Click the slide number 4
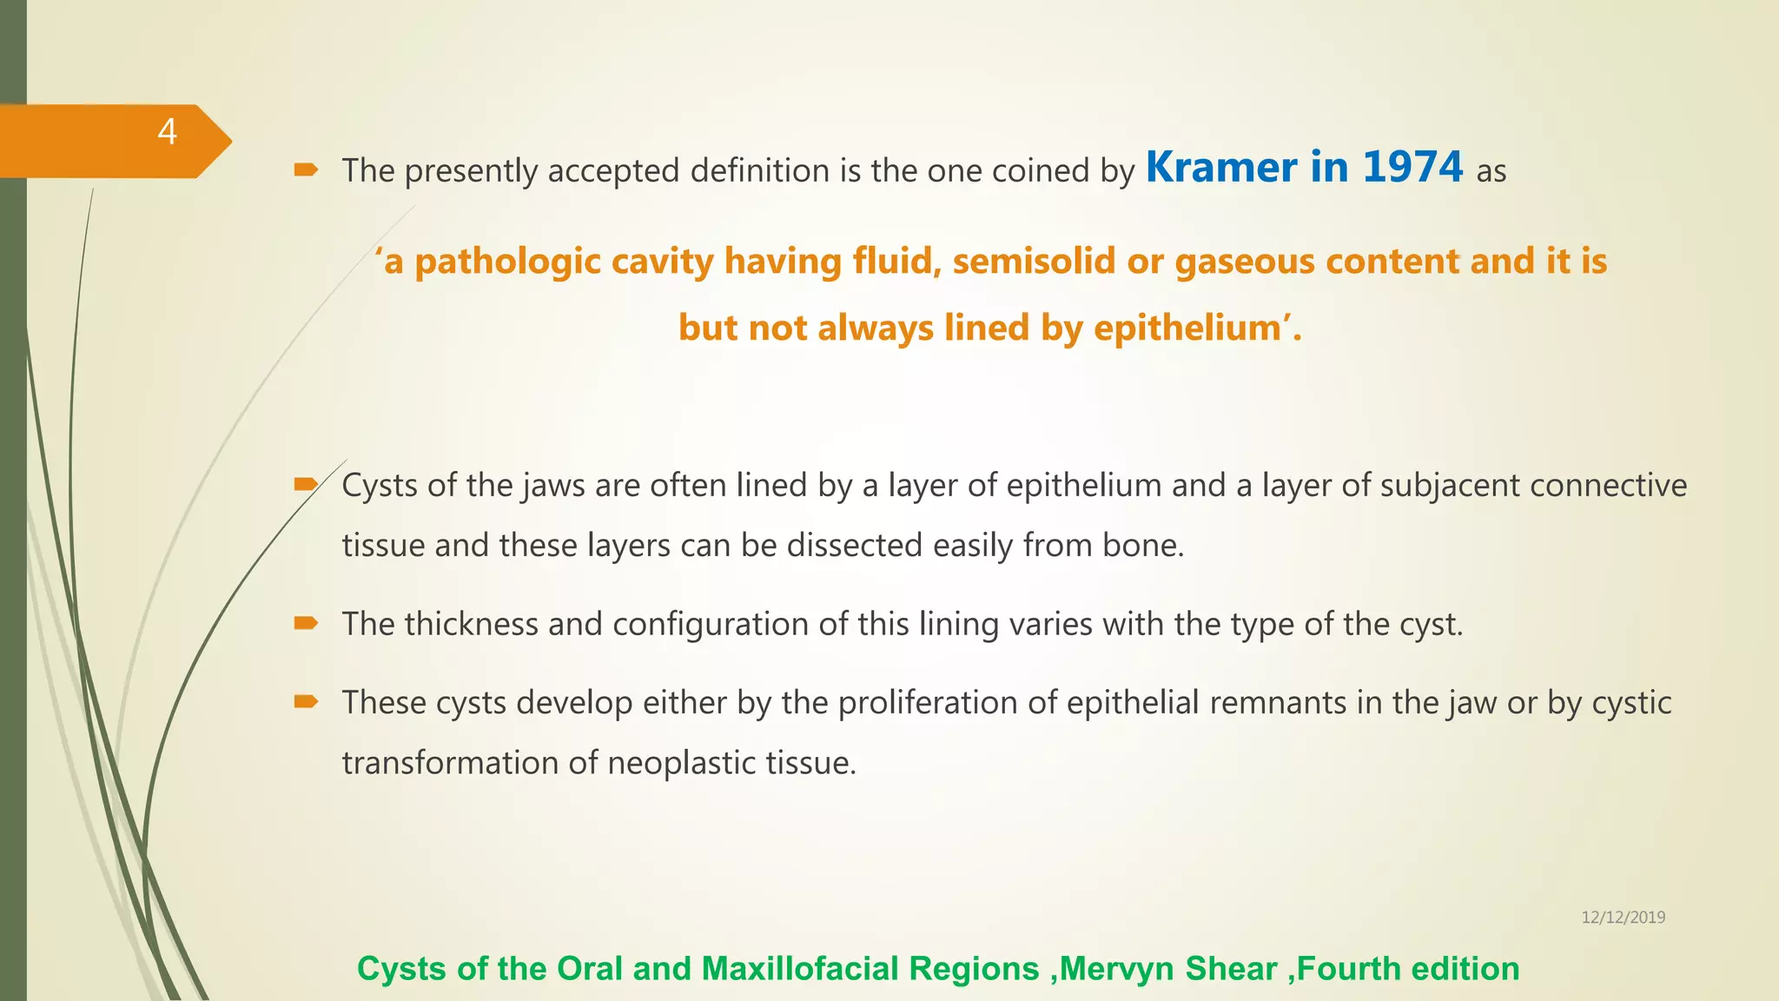point(167,132)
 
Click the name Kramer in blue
point(1220,168)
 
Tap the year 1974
point(1412,168)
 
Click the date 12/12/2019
point(1623,918)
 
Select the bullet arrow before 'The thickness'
point(306,623)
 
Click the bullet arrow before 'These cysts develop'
point(306,701)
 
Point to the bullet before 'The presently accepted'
point(306,169)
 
